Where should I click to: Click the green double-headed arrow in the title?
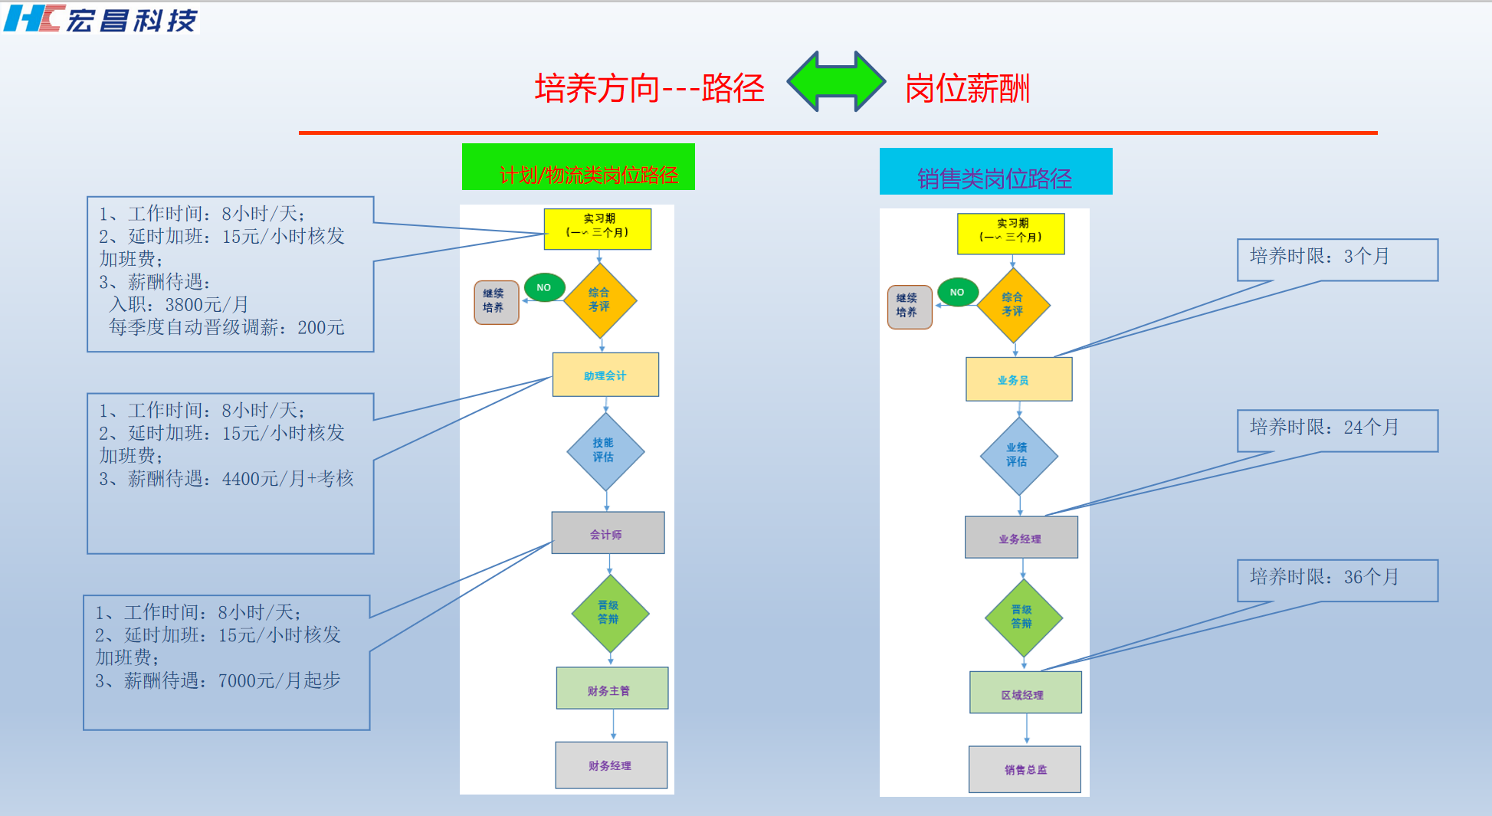pyautogui.click(x=836, y=81)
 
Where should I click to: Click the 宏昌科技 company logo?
pyautogui.click(x=101, y=18)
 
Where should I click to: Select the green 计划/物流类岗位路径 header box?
pyautogui.click(x=578, y=167)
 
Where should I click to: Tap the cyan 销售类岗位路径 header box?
pyautogui.click(x=995, y=172)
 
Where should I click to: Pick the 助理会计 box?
pyautogui.click(x=605, y=375)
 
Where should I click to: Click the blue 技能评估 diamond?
pyautogui.click(x=605, y=451)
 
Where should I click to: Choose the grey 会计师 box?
pyautogui.click(x=608, y=533)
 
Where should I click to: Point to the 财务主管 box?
pyautogui.click(x=612, y=689)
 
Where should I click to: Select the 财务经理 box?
pyautogui.click(x=611, y=765)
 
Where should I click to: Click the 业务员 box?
pyautogui.click(x=1018, y=379)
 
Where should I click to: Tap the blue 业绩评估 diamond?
pyautogui.click(x=1018, y=456)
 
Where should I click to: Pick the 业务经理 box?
pyautogui.click(x=1021, y=538)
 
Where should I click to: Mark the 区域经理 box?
pyautogui.click(x=1025, y=693)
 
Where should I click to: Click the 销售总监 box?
pyautogui.click(x=1025, y=769)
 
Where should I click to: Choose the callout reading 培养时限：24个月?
pyautogui.click(x=1336, y=430)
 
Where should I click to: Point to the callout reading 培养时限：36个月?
pyautogui.click(x=1336, y=579)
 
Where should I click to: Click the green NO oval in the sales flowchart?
pyautogui.click(x=958, y=292)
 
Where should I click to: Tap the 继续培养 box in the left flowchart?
pyautogui.click(x=496, y=302)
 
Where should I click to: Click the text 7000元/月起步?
pyautogui.click(x=279, y=680)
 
